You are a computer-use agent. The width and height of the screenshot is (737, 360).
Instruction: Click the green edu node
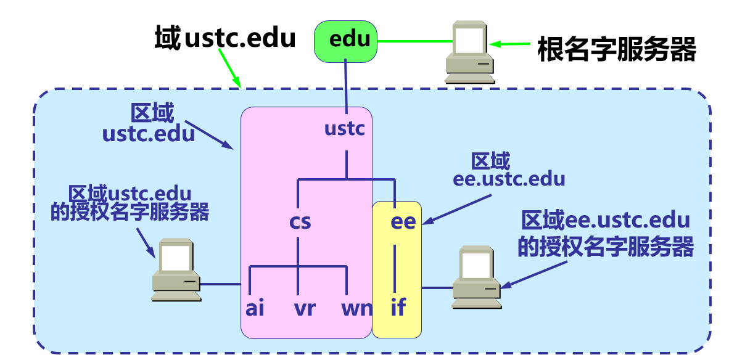(345, 41)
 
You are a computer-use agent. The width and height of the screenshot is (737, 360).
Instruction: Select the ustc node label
(345, 129)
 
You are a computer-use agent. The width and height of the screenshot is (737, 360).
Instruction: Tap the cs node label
(300, 221)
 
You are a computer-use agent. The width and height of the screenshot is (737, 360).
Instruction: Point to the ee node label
(403, 222)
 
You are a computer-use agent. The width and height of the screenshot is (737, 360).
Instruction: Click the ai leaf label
(255, 307)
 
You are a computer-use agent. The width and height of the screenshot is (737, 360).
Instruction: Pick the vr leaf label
(304, 307)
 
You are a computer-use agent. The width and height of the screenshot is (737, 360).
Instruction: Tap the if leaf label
(398, 307)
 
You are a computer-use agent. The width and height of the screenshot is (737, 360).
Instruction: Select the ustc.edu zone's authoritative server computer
(176, 270)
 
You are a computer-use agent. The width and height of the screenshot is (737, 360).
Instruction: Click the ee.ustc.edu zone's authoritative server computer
(476, 277)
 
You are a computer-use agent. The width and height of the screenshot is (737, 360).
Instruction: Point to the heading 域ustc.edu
(225, 39)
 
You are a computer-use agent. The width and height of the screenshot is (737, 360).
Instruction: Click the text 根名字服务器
(616, 49)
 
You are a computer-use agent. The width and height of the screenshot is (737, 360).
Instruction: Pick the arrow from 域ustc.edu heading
(229, 69)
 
